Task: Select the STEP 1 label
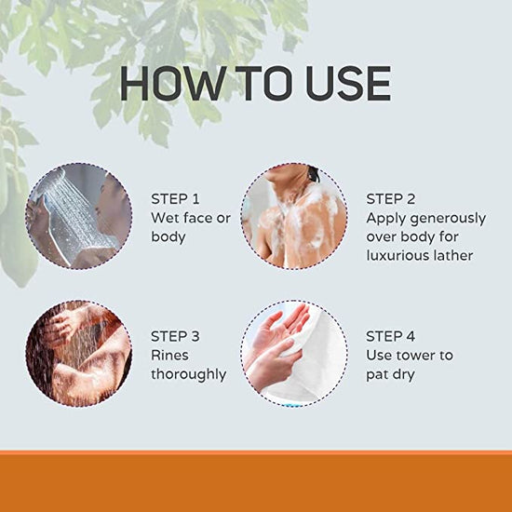click(175, 198)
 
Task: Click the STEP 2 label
click(390, 198)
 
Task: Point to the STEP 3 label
click(175, 336)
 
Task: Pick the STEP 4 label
click(390, 336)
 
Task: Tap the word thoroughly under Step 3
click(188, 374)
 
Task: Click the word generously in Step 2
click(449, 218)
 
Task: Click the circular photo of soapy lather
click(293, 216)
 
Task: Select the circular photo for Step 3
click(78, 352)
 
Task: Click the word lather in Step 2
click(454, 255)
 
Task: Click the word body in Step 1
click(168, 236)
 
